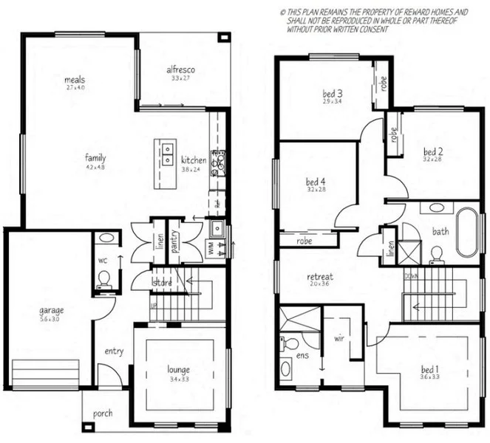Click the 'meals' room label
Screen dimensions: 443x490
[x=75, y=79]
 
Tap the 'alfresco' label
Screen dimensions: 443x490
[x=180, y=69]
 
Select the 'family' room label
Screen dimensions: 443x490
[x=95, y=157]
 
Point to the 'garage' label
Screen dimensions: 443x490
[x=52, y=310]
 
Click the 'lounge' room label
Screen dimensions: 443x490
[x=178, y=369]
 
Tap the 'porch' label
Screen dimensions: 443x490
[x=103, y=413]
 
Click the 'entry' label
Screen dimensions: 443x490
[x=114, y=351]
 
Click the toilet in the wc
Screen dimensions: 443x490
[x=104, y=278]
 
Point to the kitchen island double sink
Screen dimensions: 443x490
[x=169, y=154]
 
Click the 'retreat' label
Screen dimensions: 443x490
[x=320, y=277]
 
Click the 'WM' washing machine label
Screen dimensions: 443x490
[x=210, y=250]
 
